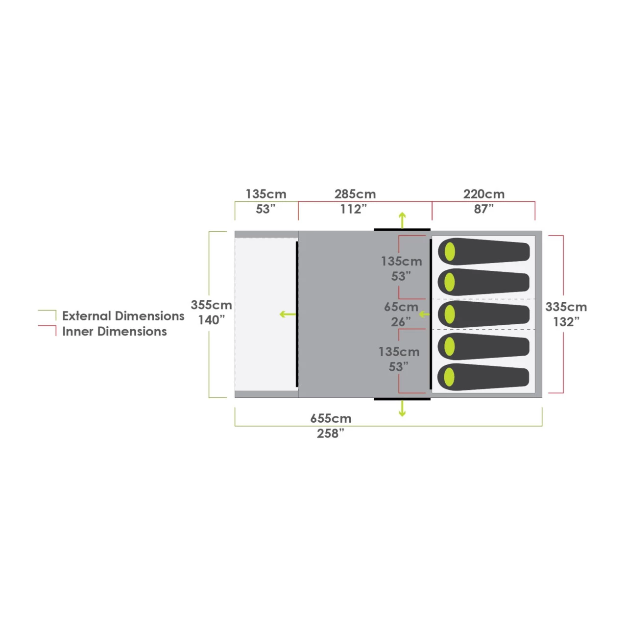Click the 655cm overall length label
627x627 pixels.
click(331, 418)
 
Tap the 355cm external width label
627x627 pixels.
click(211, 305)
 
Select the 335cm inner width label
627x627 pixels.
click(566, 307)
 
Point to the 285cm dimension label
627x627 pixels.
click(355, 194)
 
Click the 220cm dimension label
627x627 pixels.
click(484, 194)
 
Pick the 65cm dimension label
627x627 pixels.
click(401, 307)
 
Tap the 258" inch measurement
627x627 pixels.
click(331, 434)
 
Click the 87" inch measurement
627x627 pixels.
click(484, 209)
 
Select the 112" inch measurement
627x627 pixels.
click(354, 209)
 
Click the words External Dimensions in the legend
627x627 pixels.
click(123, 316)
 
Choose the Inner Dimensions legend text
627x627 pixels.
click(115, 332)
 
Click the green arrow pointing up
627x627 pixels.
click(403, 220)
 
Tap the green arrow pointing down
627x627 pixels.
click(403, 409)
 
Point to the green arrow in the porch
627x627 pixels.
click(288, 314)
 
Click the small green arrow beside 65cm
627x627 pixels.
click(424, 314)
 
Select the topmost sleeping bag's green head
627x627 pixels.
click(450, 251)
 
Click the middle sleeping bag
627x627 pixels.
click(483, 314)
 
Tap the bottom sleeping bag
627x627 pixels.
click(483, 377)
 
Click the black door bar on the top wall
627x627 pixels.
click(402, 230)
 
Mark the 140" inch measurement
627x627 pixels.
click(212, 320)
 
